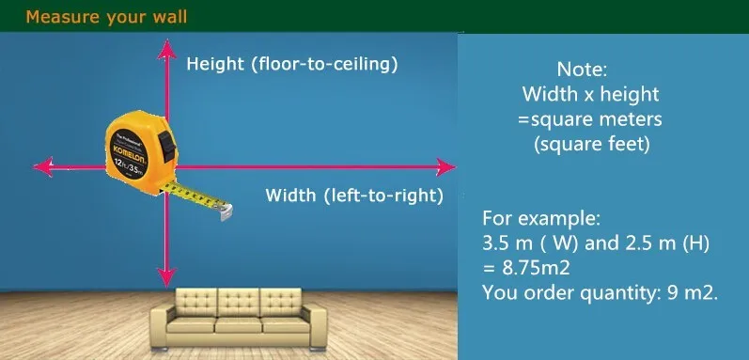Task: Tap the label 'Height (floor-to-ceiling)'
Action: tap(292, 65)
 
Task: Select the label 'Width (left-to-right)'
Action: tap(354, 196)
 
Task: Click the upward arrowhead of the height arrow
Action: tap(166, 49)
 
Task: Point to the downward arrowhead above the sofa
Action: tap(166, 276)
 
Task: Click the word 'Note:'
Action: tap(583, 70)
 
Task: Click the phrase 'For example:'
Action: tap(540, 219)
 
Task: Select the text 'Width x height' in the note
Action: tap(590, 94)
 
